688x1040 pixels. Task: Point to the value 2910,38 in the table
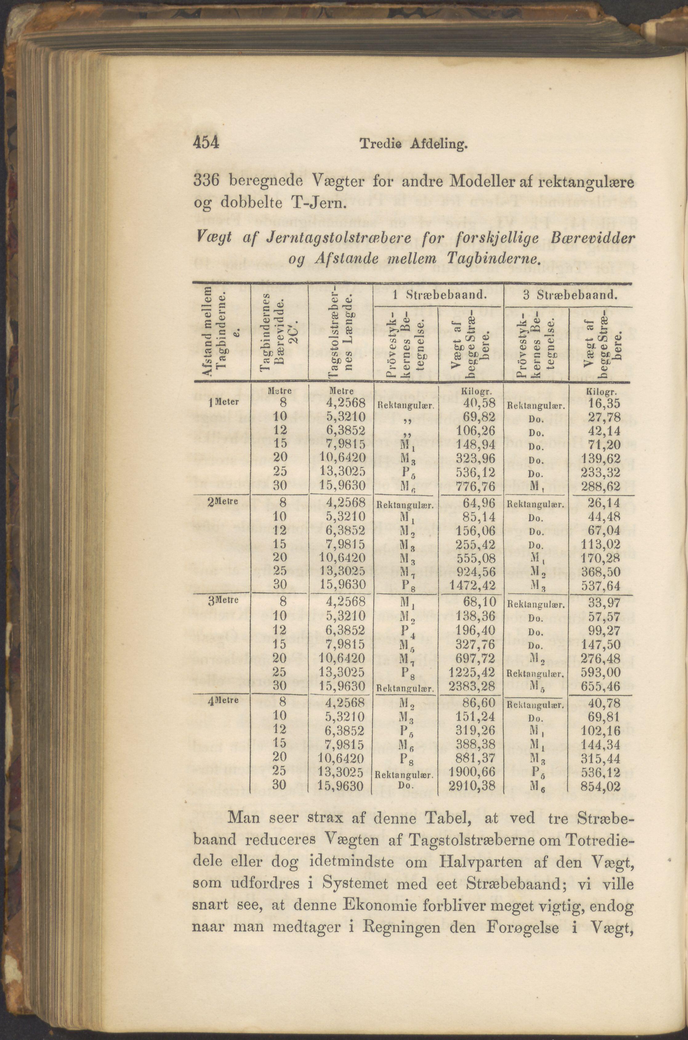[472, 785]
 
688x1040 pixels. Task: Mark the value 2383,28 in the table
[472, 685]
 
